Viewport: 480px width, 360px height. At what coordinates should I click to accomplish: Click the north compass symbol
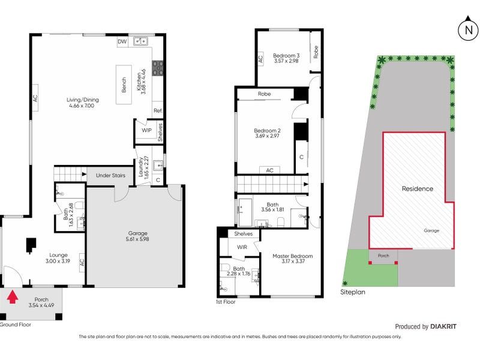[468, 29]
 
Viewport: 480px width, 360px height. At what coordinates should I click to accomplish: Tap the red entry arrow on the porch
[12, 297]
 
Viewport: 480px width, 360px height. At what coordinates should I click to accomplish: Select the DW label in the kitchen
[122, 41]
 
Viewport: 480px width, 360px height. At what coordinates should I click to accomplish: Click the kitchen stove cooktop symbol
[158, 68]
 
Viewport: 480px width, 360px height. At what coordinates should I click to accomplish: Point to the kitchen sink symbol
[140, 41]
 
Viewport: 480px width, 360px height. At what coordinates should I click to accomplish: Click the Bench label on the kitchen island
[124, 85]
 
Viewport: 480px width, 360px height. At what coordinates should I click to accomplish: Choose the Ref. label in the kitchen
[158, 110]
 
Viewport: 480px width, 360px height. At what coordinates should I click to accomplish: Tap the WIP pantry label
[146, 130]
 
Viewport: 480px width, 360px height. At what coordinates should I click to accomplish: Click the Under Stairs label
[110, 175]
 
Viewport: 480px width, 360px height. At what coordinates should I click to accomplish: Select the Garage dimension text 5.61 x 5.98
[137, 239]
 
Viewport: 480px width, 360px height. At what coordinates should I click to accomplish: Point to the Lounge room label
[58, 255]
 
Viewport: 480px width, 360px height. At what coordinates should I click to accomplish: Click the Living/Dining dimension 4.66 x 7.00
[82, 106]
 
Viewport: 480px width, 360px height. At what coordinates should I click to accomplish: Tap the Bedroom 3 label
[286, 55]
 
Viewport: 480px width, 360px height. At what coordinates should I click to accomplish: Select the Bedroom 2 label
[267, 130]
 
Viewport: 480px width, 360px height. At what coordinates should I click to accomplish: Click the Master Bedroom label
[293, 256]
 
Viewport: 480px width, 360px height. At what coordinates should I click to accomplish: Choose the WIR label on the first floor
[242, 247]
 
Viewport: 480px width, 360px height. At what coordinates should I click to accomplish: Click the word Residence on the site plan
[418, 188]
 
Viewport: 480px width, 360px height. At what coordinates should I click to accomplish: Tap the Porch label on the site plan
[383, 256]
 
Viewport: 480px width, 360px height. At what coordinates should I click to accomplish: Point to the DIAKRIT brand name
[443, 326]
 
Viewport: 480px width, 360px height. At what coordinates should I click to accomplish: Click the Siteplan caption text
[353, 292]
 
